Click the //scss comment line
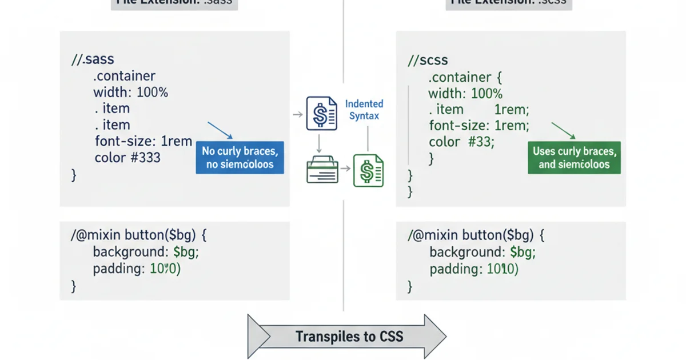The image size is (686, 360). point(428,59)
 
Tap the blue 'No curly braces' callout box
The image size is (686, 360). point(240,158)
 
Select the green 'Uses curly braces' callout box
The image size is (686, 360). point(574,158)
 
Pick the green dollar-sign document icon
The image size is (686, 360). point(368,170)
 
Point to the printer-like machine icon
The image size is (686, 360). point(322,169)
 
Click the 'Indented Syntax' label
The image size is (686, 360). point(364,110)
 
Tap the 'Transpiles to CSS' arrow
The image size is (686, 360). point(346,337)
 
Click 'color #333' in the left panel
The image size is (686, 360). point(127,157)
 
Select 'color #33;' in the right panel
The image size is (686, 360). point(460,142)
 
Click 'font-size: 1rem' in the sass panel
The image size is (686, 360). point(143,141)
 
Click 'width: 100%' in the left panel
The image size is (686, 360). point(130,92)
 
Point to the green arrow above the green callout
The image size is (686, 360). point(563,130)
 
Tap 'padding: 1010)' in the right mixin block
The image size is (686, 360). point(474,269)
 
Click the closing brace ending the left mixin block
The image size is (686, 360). point(73,285)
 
